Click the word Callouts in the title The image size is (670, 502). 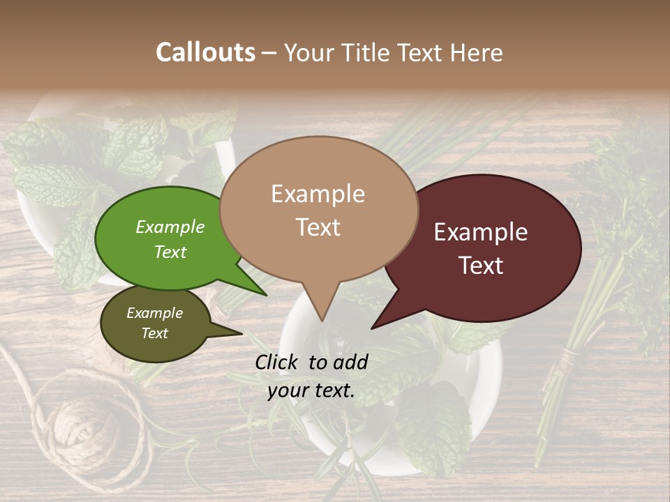205,52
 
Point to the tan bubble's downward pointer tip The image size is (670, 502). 321,321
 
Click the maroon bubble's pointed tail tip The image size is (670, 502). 373,328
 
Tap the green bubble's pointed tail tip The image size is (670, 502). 266,295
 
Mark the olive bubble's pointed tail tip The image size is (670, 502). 241,333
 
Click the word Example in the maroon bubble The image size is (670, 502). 481,232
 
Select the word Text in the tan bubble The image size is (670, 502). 318,227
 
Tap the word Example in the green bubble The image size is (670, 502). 170,227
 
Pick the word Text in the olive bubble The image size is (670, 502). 155,333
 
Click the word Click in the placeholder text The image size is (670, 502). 278,362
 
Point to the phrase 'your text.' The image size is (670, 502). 311,390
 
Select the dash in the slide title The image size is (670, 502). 269,53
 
